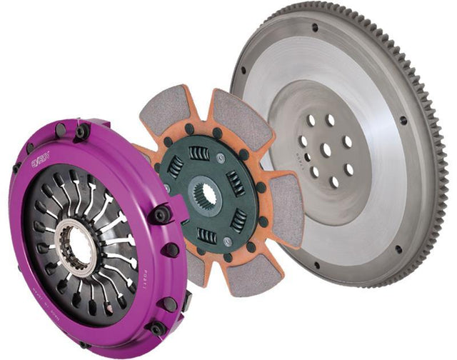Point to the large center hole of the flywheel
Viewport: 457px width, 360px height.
326,151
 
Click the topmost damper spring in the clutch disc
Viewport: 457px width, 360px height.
198,154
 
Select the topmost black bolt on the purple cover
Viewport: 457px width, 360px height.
83,131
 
